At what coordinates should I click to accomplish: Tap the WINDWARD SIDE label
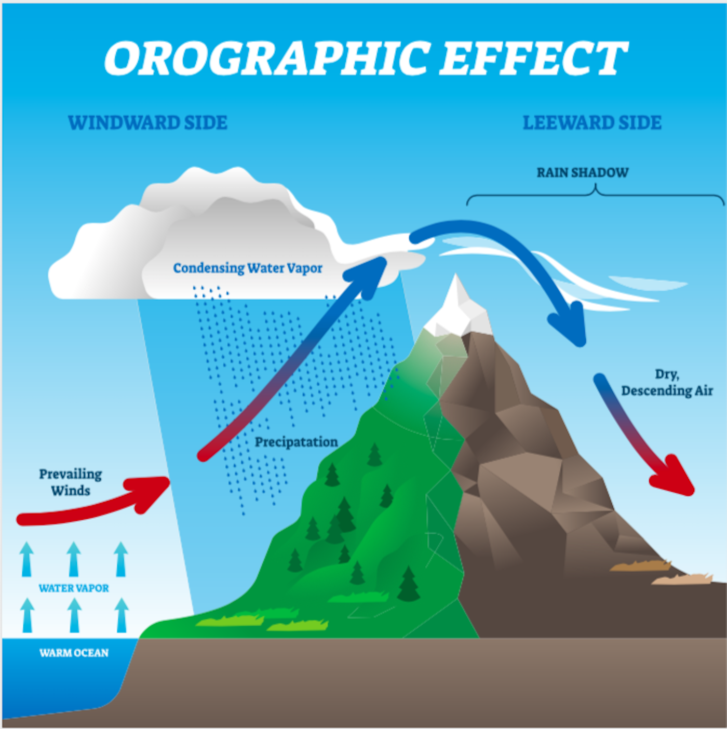coord(148,123)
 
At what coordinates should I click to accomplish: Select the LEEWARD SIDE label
coord(593,123)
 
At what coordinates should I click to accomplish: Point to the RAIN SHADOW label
coord(583,172)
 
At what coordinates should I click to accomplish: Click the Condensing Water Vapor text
coord(248,268)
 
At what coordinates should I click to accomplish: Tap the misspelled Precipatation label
coord(297,442)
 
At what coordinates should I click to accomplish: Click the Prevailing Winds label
coord(71,482)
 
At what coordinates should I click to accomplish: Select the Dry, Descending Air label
coord(667,383)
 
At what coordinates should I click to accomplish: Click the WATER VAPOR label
coord(74,588)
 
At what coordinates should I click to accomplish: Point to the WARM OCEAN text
coord(74,653)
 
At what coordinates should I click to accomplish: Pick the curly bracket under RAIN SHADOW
coord(595,194)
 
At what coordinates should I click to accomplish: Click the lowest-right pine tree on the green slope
coord(408,585)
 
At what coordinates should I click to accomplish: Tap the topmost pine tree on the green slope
coord(374,455)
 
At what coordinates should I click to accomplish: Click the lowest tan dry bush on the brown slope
coord(682,579)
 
